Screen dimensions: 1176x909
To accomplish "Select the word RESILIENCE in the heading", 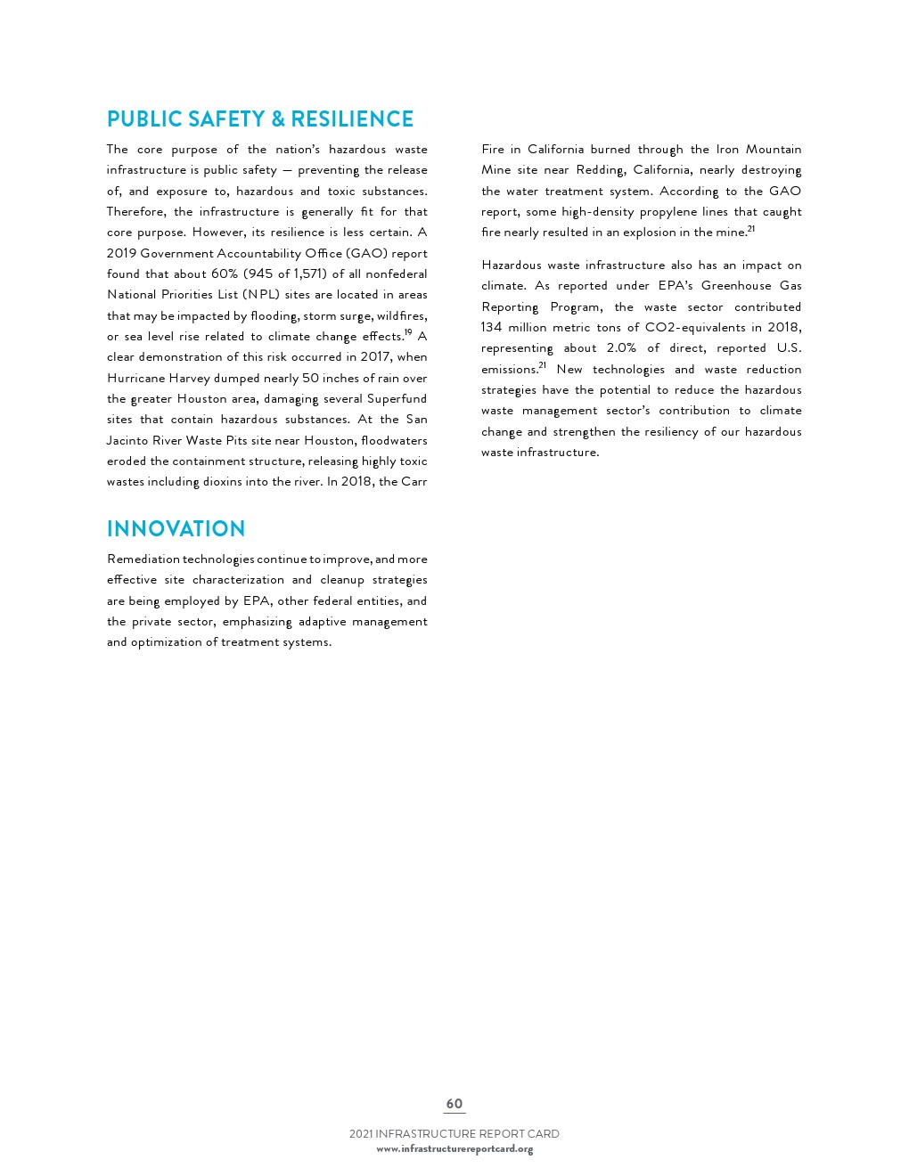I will (x=352, y=119).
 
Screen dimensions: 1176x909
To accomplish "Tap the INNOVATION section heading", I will (x=176, y=528).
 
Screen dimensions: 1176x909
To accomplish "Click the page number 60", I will (x=454, y=1104).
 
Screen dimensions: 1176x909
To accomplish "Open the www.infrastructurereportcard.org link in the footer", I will (x=454, y=1149).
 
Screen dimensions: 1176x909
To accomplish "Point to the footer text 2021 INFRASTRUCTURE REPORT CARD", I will (x=454, y=1134).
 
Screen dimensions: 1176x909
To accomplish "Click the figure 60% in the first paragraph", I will (x=225, y=274).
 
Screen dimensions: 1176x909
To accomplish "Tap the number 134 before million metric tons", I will (x=491, y=328).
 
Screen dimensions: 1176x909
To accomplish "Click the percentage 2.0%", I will (x=621, y=348).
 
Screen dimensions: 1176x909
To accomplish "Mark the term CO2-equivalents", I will (x=695, y=328).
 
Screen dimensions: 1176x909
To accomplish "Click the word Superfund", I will (x=397, y=399).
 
